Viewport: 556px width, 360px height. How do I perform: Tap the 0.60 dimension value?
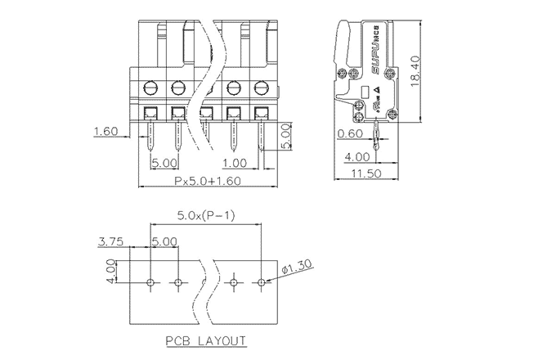[x=349, y=133]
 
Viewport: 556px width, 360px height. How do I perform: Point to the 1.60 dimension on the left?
[x=106, y=131]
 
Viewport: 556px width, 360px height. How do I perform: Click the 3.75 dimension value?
[x=110, y=241]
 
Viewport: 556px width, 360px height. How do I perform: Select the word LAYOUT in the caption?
[x=222, y=340]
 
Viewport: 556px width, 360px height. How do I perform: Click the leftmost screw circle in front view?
[x=150, y=87]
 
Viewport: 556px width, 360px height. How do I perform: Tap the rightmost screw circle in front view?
[x=261, y=87]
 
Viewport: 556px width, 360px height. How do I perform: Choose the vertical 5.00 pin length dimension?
[x=286, y=137]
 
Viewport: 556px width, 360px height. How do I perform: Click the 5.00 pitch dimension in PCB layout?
[x=164, y=241]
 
